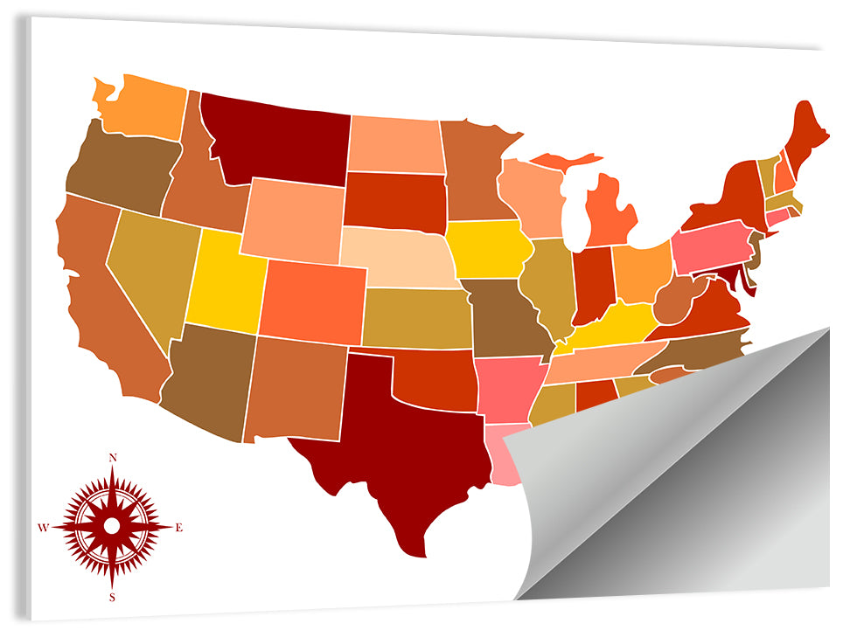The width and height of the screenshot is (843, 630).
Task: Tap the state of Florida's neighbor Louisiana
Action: [504, 454]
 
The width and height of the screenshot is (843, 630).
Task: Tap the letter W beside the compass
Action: [43, 527]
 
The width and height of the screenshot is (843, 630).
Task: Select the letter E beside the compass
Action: [179, 527]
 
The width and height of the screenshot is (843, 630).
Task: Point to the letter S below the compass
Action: [113, 597]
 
